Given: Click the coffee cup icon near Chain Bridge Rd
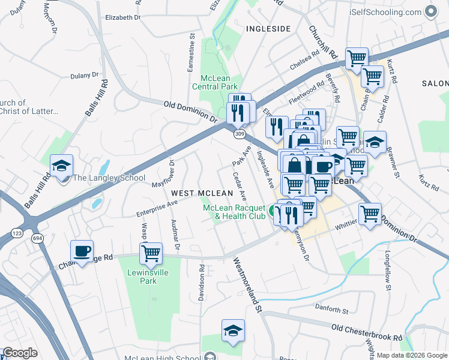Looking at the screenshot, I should (82, 251).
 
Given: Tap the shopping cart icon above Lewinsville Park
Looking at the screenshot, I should (151, 253).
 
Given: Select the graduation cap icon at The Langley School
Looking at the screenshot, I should (61, 166).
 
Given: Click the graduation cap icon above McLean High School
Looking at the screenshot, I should (233, 331).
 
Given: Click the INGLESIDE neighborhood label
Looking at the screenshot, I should (268, 29).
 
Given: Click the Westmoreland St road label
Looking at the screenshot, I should (248, 286).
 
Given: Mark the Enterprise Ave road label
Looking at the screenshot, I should (157, 207).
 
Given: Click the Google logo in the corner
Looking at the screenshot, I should (20, 353).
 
